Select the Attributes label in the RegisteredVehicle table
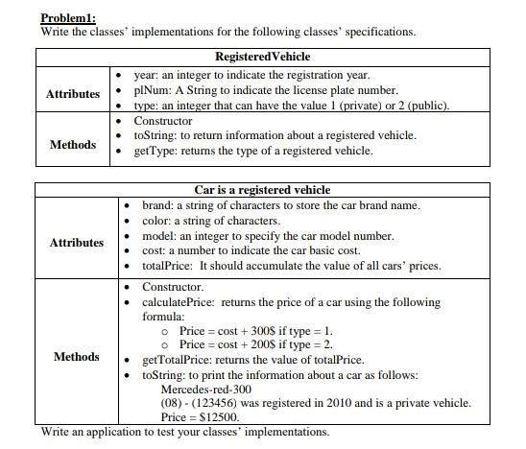coord(73,94)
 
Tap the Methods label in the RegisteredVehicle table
coord(73,145)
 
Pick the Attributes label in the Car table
coord(78,243)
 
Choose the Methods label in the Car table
coord(77,357)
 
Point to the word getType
coord(155,151)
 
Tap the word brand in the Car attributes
coord(158,205)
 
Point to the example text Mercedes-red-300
coord(205,390)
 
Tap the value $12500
coord(219,417)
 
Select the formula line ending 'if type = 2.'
coord(255,344)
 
